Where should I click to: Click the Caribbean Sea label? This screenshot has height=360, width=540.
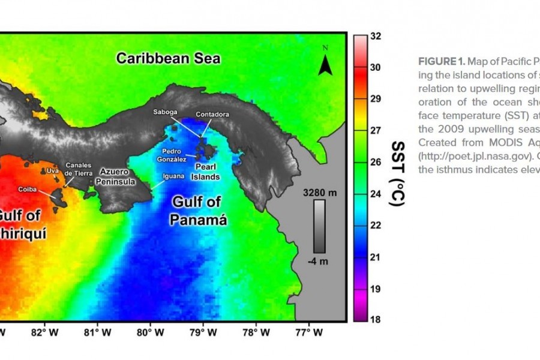point(169,58)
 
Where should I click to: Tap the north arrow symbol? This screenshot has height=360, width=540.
point(325,62)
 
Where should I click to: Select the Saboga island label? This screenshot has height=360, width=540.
point(165,111)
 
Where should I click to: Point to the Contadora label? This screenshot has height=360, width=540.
point(212,114)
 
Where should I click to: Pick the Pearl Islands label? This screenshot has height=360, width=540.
point(205,173)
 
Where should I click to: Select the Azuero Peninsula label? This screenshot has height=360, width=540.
point(118,176)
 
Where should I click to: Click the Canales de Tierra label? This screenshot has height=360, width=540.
point(79,169)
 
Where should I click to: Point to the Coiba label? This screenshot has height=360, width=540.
point(28,189)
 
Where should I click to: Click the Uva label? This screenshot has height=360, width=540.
point(53,170)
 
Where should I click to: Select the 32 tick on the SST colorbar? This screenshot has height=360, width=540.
point(376,36)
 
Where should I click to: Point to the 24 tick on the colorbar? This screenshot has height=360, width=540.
point(376,194)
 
